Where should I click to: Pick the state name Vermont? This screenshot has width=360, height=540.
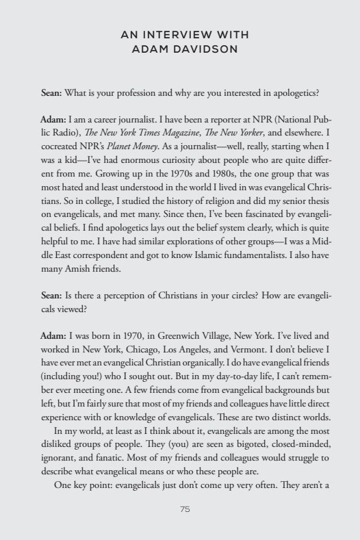tap(240, 348)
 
